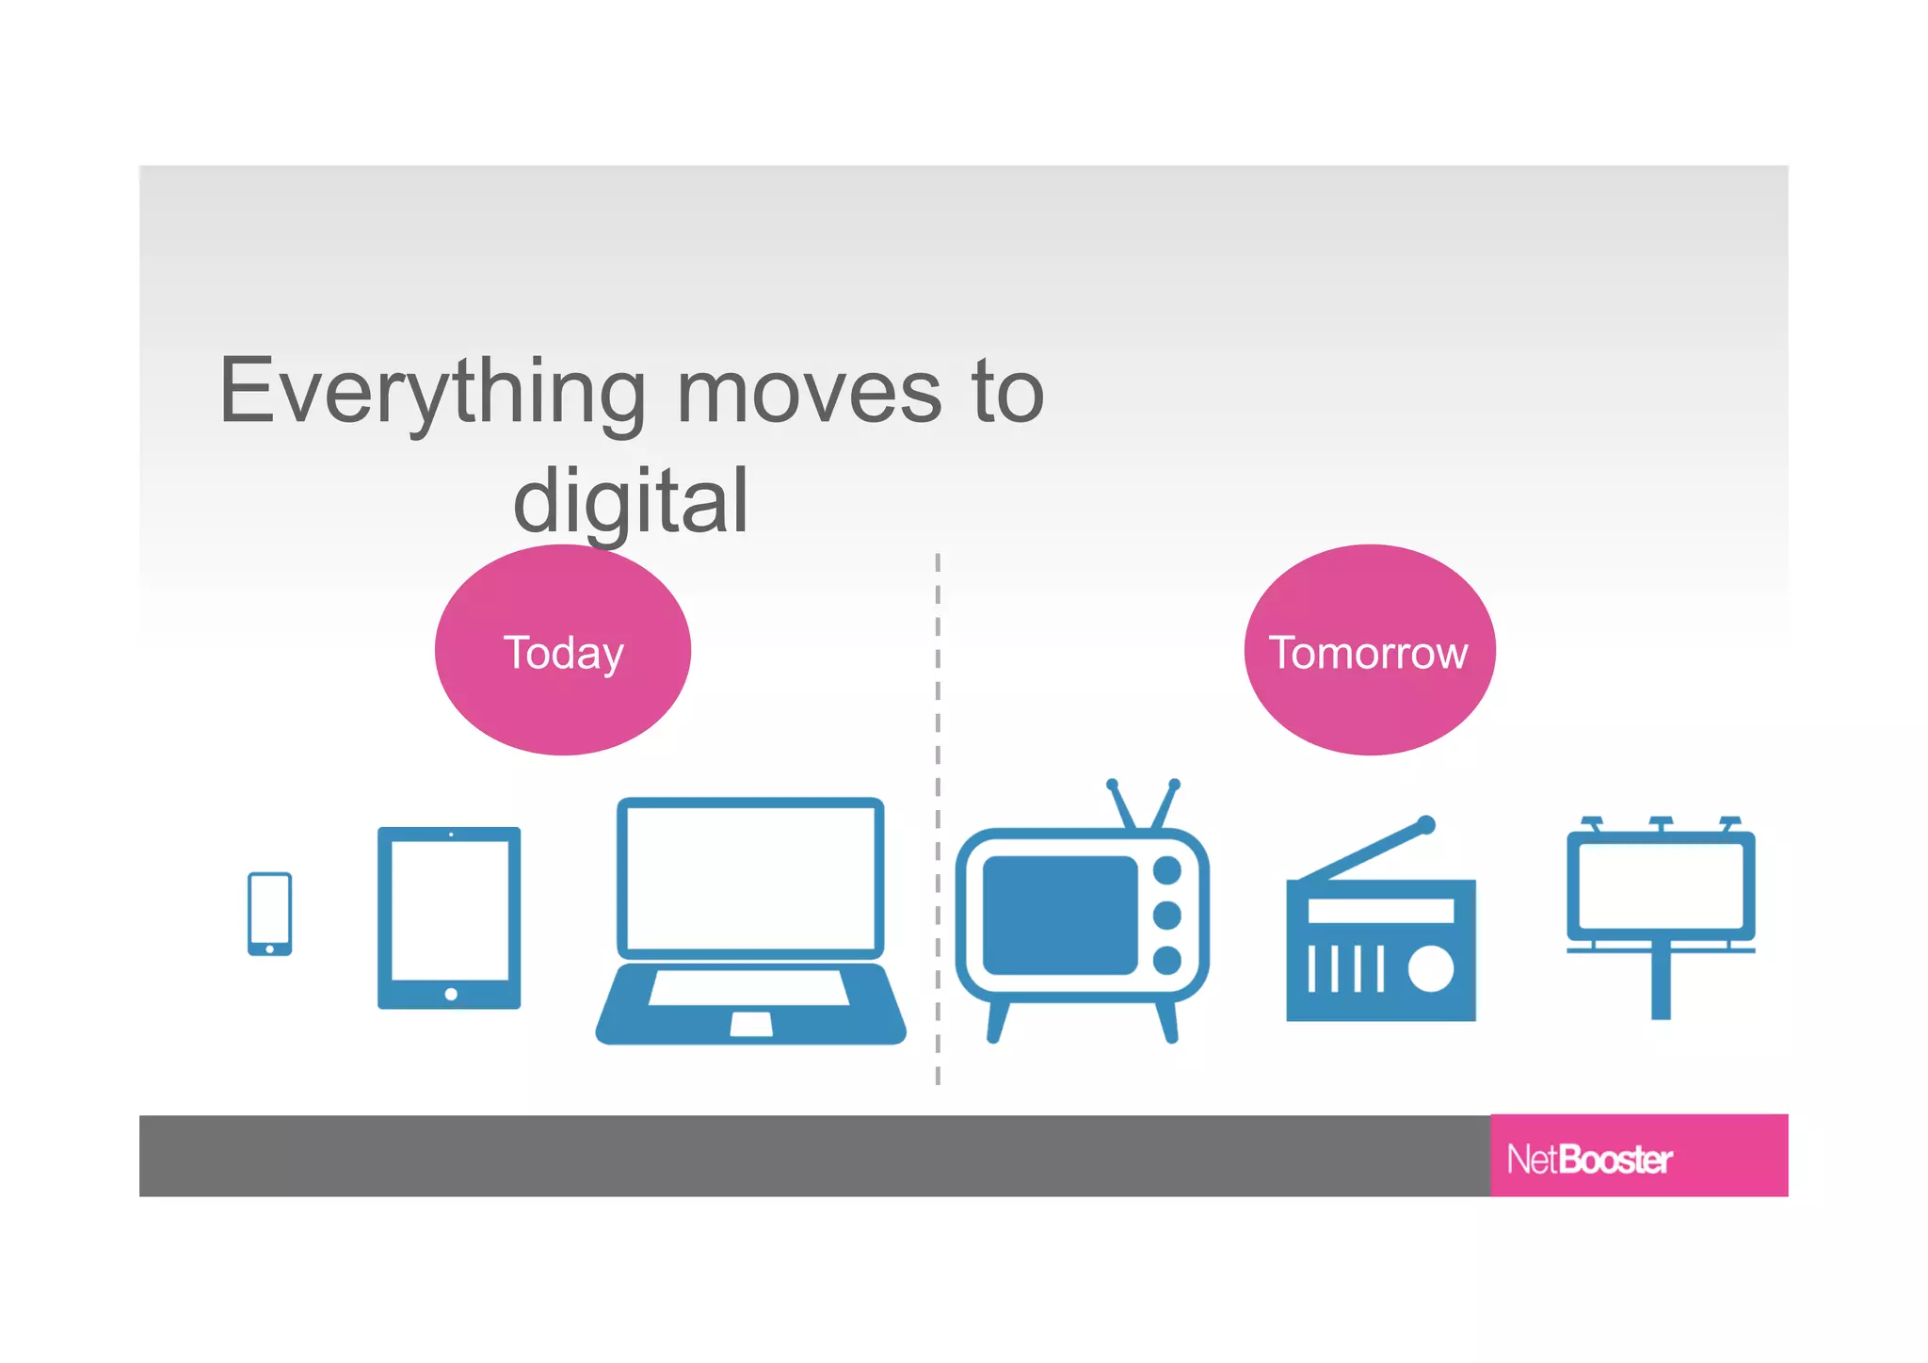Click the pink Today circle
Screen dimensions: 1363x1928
point(563,650)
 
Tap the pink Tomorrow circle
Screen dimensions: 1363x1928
point(1369,650)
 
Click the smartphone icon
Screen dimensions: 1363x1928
point(269,913)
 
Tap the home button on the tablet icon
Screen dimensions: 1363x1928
point(451,994)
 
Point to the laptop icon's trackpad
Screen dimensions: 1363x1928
point(751,1024)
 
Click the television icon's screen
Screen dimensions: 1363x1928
point(1060,915)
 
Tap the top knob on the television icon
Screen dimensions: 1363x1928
point(1167,870)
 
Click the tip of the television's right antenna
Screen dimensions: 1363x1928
point(1174,784)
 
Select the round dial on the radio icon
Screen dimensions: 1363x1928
point(1431,969)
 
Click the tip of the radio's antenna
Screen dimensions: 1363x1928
point(1427,825)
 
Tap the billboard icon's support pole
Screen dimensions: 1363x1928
point(1661,985)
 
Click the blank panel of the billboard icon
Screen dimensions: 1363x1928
point(1661,885)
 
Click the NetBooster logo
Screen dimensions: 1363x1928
point(1590,1159)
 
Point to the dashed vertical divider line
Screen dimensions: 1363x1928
point(938,819)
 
